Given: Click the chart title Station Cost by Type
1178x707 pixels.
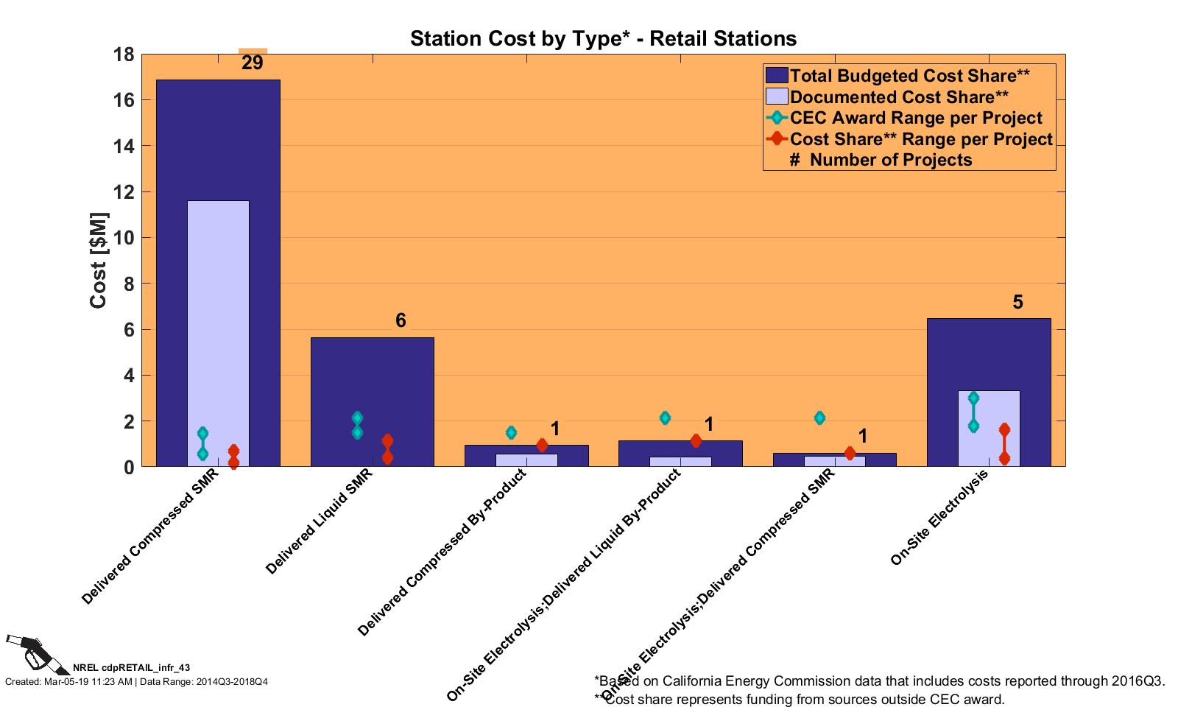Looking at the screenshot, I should [603, 38].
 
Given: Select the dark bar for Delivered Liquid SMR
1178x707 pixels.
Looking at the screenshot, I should [372, 383].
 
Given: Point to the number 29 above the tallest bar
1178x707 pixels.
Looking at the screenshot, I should [252, 63].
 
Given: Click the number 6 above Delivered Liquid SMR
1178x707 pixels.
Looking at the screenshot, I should [401, 320].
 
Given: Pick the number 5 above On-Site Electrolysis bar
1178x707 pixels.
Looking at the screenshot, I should [1017, 302].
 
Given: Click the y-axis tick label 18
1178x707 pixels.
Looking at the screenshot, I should [123, 54].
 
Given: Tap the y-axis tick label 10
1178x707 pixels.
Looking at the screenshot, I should [123, 238].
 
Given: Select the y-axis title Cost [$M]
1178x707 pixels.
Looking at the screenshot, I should [99, 261].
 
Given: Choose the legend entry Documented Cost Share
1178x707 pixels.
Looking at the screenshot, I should [899, 97].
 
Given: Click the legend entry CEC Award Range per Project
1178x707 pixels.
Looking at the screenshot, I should [916, 118].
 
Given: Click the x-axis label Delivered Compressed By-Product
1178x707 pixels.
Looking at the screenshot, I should [442, 552].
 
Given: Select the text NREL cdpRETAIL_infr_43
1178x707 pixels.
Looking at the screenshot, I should [131, 668].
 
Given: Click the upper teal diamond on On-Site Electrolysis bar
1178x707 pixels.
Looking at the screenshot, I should [973, 398].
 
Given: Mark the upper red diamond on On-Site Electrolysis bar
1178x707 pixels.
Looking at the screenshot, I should [1004, 429].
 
